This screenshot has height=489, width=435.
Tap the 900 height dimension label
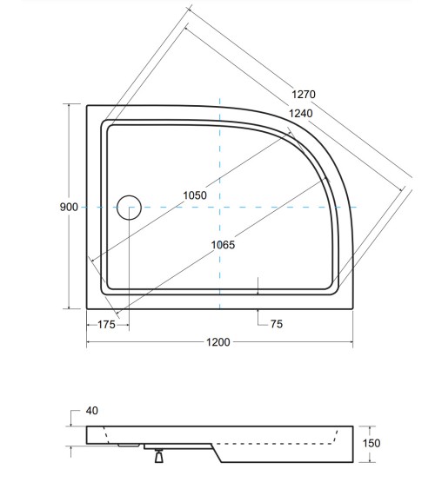tap(70, 207)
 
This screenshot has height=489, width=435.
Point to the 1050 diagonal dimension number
tap(194, 195)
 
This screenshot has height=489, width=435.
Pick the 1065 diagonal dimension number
tap(223, 245)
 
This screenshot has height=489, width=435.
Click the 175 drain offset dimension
tap(107, 324)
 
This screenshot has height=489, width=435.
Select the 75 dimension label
tap(277, 324)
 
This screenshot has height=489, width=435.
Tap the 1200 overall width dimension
tap(217, 342)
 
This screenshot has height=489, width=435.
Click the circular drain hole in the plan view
tap(129, 207)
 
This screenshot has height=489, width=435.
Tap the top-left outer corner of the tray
tap(87, 105)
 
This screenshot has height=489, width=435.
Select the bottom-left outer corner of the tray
tap(87, 309)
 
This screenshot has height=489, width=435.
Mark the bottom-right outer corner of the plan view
tap(351, 309)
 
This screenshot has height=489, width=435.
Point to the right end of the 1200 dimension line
tap(351, 342)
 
